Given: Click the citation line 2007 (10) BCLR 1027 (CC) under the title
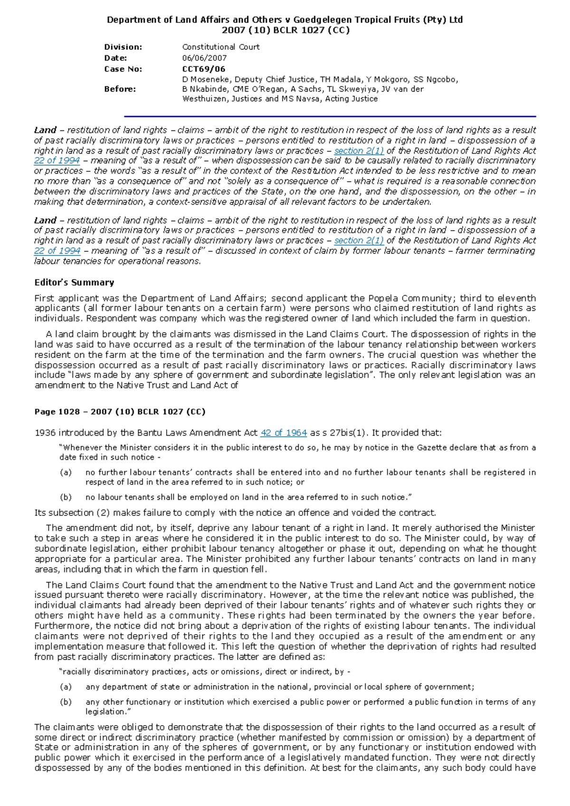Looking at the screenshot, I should [x=285, y=30].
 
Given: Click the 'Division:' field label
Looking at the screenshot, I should [x=123, y=47].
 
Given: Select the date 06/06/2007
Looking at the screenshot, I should [x=204, y=58].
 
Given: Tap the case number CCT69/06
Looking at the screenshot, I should [x=204, y=69].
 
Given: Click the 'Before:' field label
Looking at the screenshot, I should [x=120, y=89].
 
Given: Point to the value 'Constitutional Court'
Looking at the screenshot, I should [x=221, y=47].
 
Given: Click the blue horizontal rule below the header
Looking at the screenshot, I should [x=330, y=116].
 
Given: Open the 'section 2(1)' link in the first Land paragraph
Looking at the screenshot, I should [x=359, y=150].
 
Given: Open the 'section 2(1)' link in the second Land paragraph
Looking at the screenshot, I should [x=359, y=241].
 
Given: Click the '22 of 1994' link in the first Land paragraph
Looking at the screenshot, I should [x=57, y=161].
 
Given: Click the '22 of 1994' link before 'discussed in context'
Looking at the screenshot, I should [x=57, y=251].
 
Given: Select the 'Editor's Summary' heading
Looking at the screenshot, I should [x=74, y=282].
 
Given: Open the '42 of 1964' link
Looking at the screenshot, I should [x=284, y=433].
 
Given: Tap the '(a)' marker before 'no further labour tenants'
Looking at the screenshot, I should [x=66, y=472].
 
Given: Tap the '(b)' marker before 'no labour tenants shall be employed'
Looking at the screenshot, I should [x=66, y=497].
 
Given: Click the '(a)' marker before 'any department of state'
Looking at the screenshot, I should [x=66, y=687].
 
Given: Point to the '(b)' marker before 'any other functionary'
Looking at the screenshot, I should [x=66, y=702].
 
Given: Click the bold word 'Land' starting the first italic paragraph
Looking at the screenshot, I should [x=45, y=130].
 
